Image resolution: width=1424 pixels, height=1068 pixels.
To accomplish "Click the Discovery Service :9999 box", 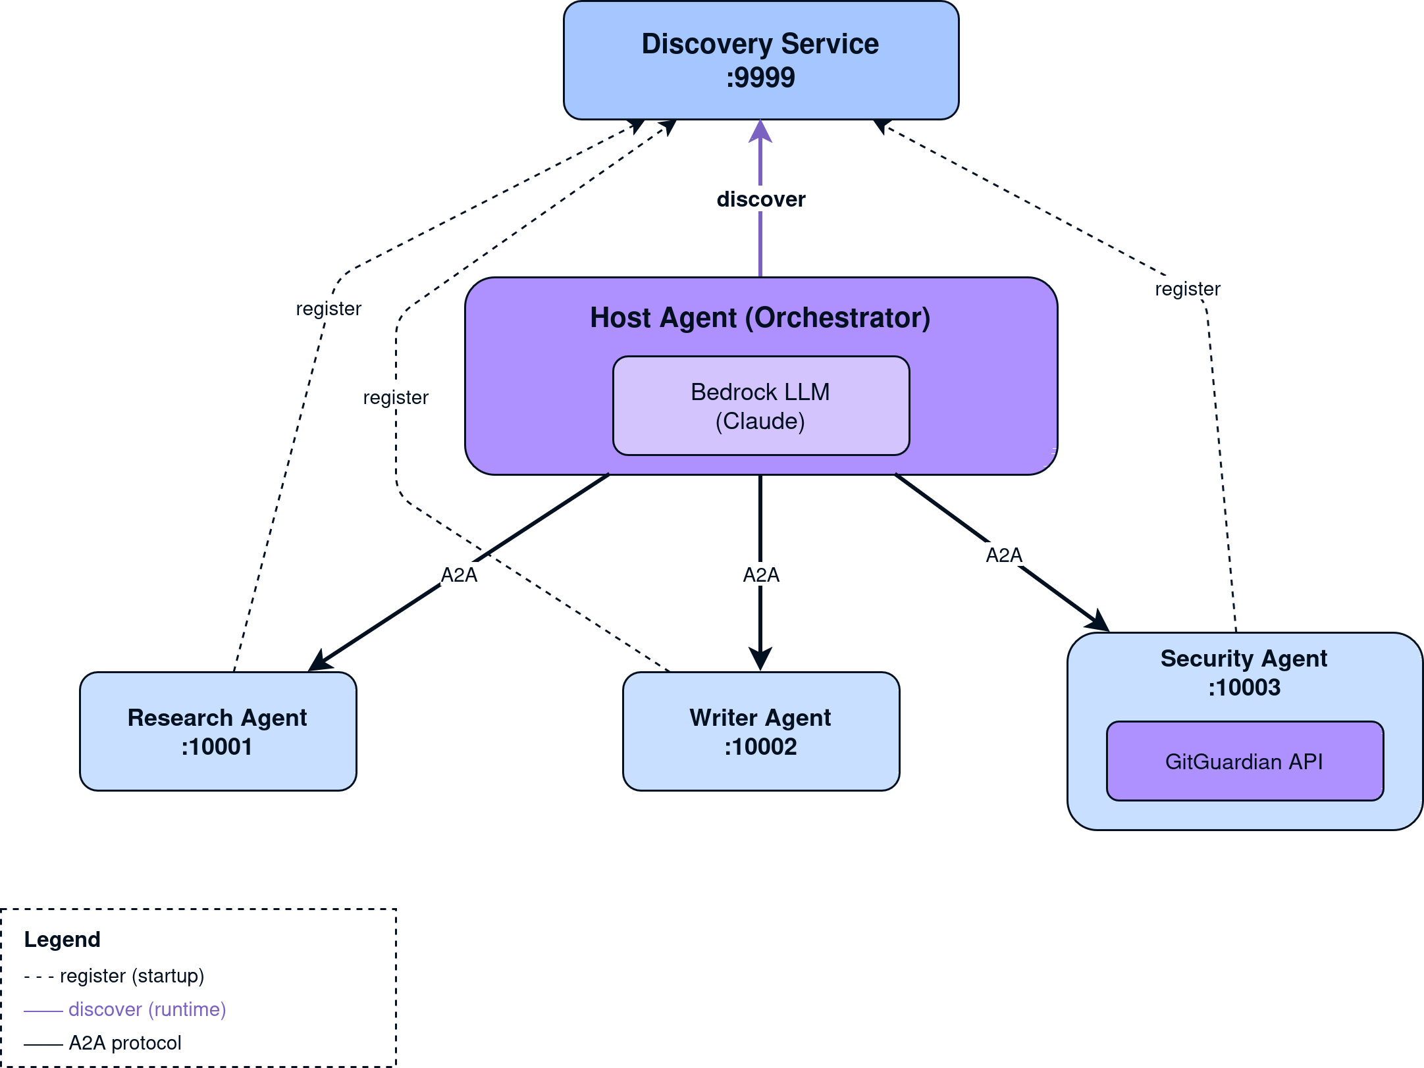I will point(760,61).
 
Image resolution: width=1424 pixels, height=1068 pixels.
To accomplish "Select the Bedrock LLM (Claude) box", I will point(760,406).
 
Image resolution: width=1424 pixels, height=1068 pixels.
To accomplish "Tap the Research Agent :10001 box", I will point(217,731).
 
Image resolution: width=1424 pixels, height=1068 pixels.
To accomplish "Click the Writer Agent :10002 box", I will point(760,731).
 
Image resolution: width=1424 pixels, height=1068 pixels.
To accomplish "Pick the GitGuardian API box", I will point(1244,761).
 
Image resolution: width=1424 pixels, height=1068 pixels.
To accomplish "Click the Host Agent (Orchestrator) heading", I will point(760,318).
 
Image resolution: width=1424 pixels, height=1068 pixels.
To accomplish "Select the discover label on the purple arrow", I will point(760,199).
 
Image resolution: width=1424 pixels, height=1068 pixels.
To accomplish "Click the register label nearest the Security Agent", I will point(1188,288).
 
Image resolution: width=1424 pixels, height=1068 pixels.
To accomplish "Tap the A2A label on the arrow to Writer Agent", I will point(760,574).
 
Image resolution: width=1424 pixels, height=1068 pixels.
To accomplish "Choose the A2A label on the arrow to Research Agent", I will point(459,574).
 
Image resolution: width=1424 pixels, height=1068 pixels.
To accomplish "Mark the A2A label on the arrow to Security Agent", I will point(1003,555).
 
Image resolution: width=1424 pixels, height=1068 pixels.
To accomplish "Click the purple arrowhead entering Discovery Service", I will point(760,131).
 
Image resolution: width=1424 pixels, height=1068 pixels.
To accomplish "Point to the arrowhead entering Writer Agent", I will point(760,660).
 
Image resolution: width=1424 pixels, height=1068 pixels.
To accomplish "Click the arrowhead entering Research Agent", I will point(320,662).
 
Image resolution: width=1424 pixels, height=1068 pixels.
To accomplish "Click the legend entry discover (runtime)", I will point(147,1009).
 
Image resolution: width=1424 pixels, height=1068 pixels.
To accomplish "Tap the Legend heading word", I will point(63,939).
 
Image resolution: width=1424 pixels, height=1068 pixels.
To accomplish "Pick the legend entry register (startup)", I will point(132,976).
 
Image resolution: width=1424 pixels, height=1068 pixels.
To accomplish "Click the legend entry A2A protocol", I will point(125,1043).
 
